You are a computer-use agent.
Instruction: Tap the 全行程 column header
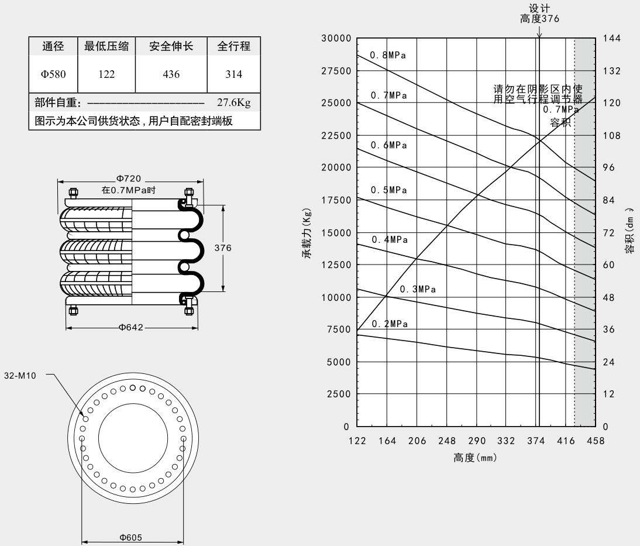(233, 46)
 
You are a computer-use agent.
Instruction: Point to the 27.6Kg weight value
(233, 104)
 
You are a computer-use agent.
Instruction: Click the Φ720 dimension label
(129, 179)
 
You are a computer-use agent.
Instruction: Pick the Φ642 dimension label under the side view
(131, 327)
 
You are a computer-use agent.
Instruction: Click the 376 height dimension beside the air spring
(223, 248)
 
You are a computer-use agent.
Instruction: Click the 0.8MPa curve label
(387, 56)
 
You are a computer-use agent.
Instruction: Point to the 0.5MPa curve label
(388, 190)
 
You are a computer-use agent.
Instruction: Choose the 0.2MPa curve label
(388, 325)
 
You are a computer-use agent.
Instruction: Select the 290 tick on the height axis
(476, 441)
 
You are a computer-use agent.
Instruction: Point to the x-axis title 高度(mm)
(475, 458)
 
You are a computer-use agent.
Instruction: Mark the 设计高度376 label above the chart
(539, 13)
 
